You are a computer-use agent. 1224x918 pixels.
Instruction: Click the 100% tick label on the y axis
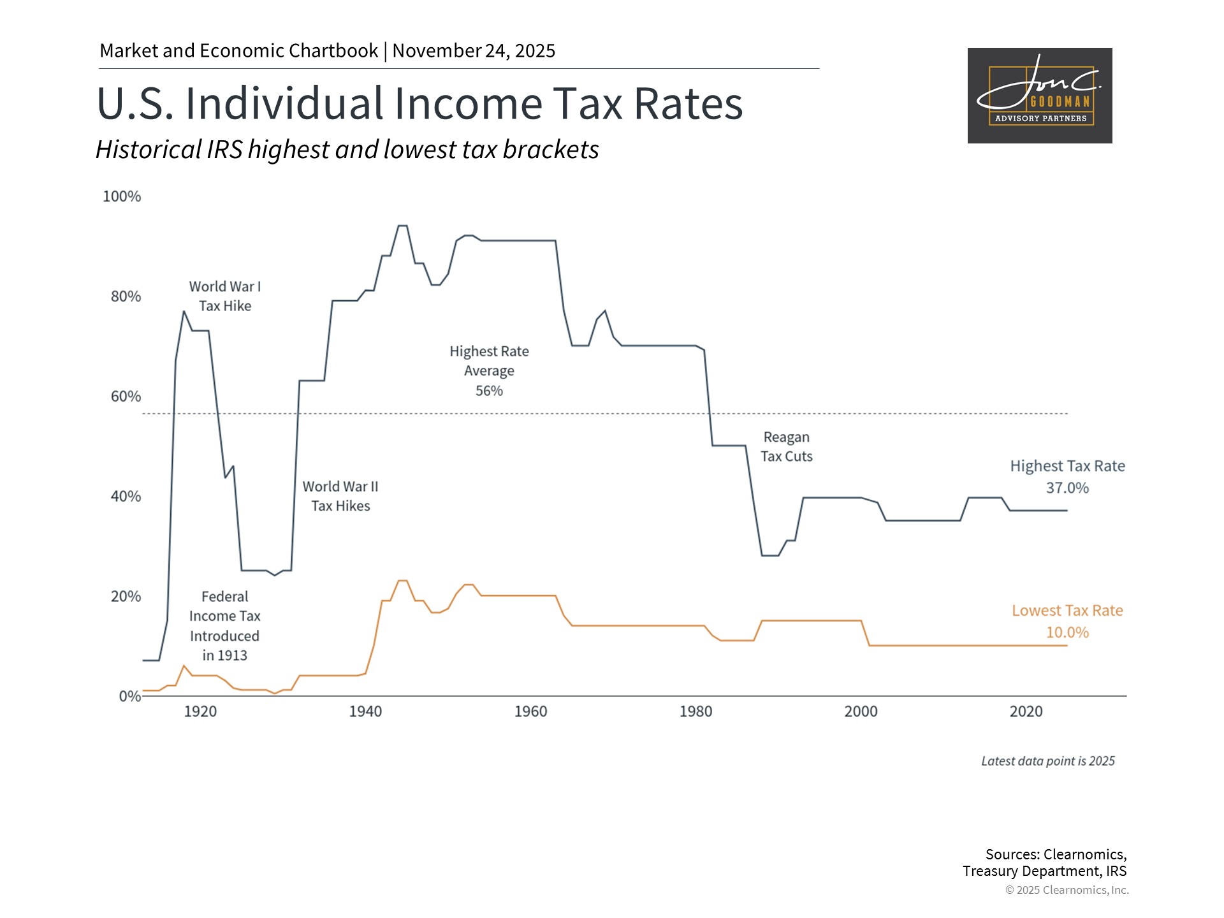[122, 196]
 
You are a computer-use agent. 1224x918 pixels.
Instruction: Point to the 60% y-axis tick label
[126, 397]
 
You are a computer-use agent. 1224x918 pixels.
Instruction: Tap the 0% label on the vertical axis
[129, 696]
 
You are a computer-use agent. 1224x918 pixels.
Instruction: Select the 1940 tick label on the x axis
[365, 711]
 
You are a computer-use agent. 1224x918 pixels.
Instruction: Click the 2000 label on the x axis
[861, 711]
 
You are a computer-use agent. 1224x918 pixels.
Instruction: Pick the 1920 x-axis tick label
[200, 711]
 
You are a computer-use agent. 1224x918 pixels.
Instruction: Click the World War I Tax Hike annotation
[225, 296]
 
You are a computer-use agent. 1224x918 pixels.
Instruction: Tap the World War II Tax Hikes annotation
[340, 496]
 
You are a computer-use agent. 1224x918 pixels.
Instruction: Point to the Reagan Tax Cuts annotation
[786, 447]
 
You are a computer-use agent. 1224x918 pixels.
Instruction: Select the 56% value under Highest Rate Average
[489, 391]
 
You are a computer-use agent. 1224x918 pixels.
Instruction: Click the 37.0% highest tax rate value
[1067, 488]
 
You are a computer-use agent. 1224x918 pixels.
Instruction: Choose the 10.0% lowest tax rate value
[1067, 632]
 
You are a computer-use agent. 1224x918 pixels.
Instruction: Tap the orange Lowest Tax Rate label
[1067, 611]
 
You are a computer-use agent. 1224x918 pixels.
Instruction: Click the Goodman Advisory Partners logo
[1040, 96]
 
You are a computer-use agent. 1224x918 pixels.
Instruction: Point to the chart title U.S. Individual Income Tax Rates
[419, 103]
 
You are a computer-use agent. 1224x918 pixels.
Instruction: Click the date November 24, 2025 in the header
[474, 51]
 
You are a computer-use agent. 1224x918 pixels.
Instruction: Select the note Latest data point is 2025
[1047, 761]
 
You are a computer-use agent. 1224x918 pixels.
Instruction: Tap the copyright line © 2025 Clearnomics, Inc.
[1067, 890]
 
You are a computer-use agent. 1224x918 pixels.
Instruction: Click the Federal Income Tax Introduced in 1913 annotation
[225, 626]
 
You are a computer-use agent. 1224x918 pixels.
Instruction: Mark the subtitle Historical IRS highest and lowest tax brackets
[347, 150]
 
